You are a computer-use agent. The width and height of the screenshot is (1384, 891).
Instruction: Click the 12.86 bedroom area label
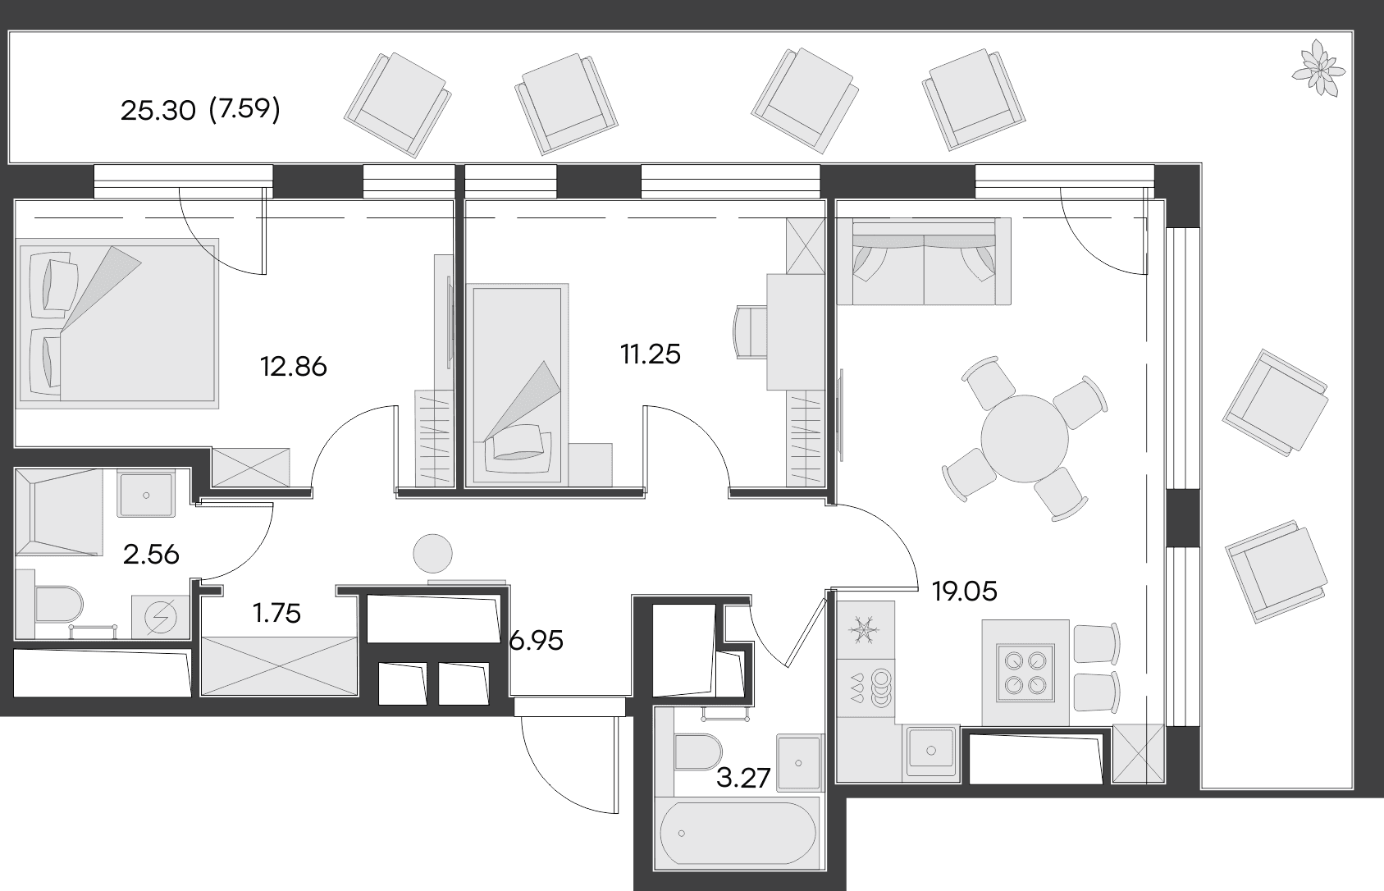(294, 367)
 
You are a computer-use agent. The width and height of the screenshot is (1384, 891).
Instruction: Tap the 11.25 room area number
(650, 354)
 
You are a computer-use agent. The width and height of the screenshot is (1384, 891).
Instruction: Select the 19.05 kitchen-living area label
(965, 592)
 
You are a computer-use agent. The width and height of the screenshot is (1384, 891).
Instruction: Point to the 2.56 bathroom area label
(151, 555)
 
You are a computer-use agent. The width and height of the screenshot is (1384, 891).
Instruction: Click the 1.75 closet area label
(276, 614)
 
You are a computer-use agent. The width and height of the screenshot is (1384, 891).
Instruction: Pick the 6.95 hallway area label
(536, 642)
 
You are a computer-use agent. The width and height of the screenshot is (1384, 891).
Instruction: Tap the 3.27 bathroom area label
(743, 779)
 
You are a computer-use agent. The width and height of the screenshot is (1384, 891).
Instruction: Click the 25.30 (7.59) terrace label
(200, 110)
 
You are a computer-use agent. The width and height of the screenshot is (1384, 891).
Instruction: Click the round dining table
(1025, 439)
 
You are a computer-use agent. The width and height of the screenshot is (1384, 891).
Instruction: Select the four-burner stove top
(1025, 673)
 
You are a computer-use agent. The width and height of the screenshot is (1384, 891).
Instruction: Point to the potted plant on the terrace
(1318, 68)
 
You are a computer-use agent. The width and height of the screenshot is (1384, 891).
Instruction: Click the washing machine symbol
(160, 617)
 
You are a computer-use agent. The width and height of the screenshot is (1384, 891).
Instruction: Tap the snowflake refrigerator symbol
(865, 630)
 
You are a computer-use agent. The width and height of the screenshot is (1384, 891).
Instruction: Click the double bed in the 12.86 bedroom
(116, 324)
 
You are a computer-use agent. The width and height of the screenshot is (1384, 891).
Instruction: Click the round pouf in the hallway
(432, 554)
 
